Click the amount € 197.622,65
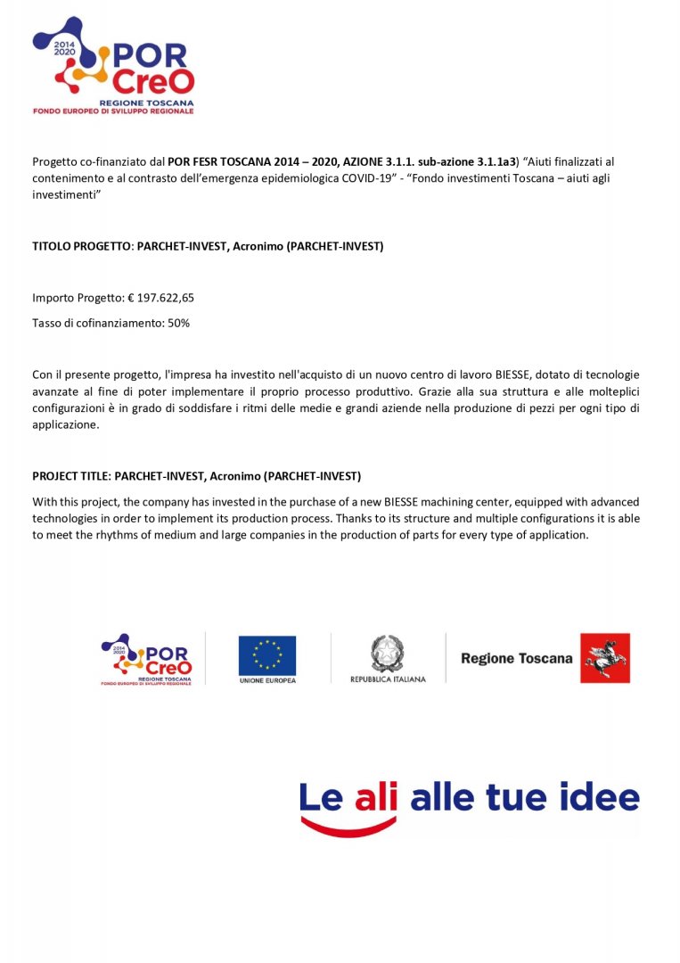tap(161, 298)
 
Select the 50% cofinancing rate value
tap(178, 323)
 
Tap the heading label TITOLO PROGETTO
tap(81, 246)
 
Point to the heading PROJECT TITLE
tap(71, 476)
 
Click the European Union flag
tap(266, 655)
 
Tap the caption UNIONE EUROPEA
tap(267, 680)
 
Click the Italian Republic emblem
tap(387, 654)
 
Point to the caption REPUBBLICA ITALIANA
tap(388, 679)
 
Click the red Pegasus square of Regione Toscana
tap(605, 658)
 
